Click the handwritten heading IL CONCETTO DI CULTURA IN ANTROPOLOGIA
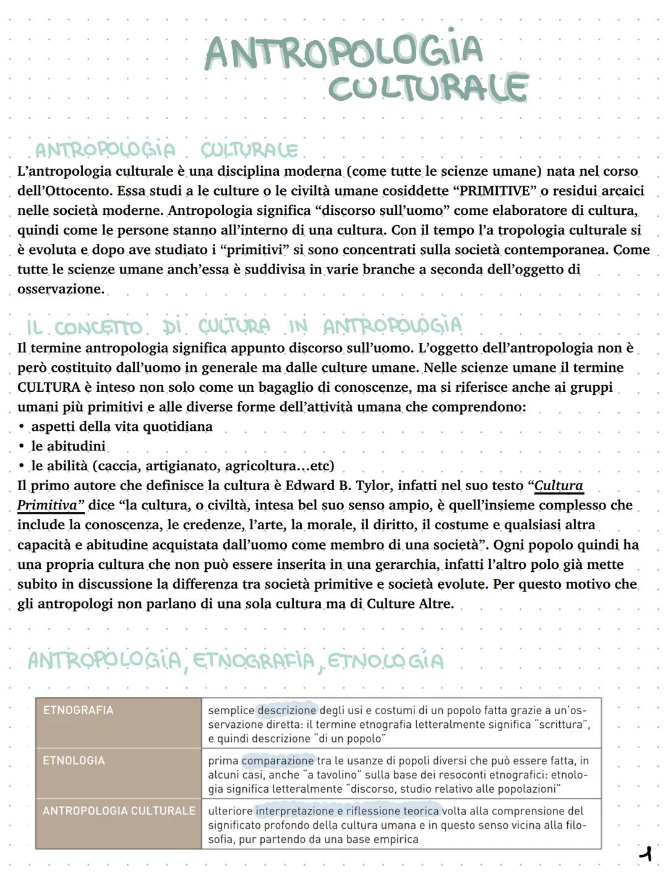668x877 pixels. pyautogui.click(x=244, y=326)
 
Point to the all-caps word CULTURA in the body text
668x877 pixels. pyautogui.click(x=49, y=387)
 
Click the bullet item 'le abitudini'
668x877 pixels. pyautogui.click(x=68, y=446)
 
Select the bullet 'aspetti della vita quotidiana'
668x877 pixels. pyautogui.click(x=122, y=426)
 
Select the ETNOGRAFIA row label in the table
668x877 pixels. pyautogui.click(x=78, y=711)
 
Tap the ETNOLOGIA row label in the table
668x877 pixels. pyautogui.click(x=74, y=761)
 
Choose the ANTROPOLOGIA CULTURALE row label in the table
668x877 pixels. pyautogui.click(x=119, y=811)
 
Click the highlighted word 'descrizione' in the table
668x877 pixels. pyautogui.click(x=287, y=711)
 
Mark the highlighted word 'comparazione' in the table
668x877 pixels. pyautogui.click(x=278, y=761)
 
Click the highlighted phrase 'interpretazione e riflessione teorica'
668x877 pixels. pyautogui.click(x=347, y=811)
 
